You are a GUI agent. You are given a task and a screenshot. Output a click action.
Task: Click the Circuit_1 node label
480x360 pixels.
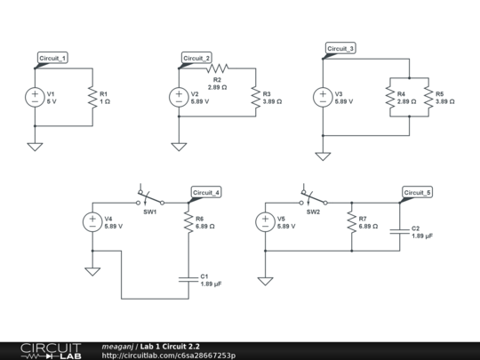(52, 58)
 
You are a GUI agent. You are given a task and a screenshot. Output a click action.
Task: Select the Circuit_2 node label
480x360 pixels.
(196, 58)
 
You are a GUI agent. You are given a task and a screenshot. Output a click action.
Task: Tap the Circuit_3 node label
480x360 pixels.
(340, 48)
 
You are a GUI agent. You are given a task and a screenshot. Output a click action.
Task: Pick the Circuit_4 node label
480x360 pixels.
(206, 193)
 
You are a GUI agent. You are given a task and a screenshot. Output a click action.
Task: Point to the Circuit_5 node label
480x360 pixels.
(417, 192)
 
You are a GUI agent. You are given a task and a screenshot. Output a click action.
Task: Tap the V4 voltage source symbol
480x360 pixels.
(92, 222)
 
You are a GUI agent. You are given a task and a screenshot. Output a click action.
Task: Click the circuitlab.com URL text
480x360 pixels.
(169, 356)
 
